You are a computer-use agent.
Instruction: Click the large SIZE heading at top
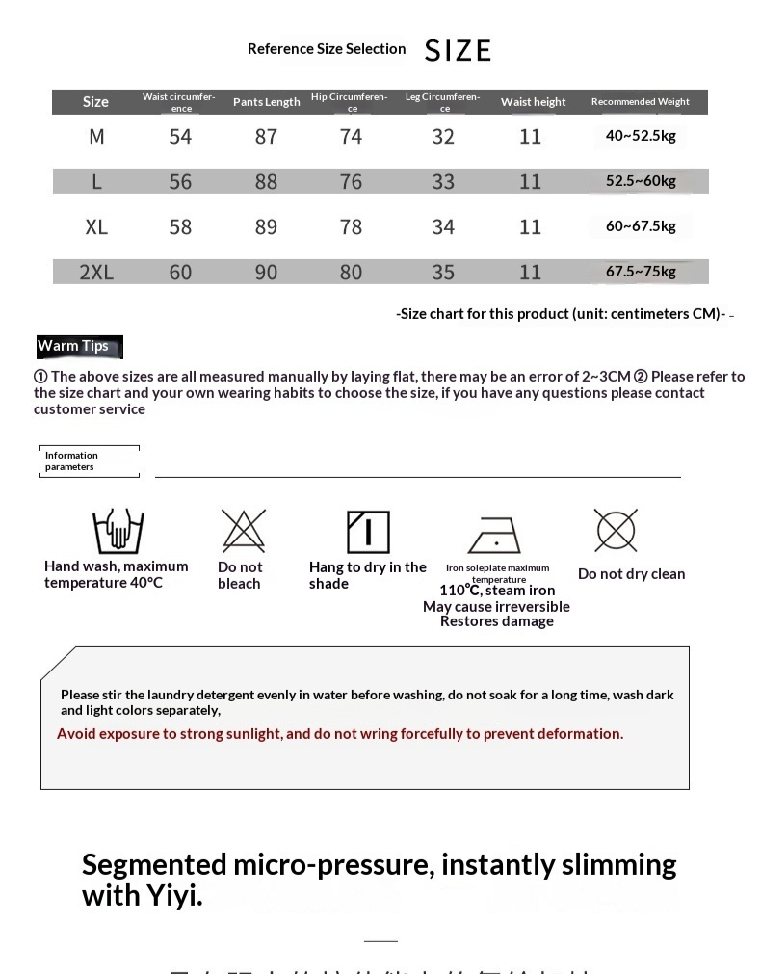458,50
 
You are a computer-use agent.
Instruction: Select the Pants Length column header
266,102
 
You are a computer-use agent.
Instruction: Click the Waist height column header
533,102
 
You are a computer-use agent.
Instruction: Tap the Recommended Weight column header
640,102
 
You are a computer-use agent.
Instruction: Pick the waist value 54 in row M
180,137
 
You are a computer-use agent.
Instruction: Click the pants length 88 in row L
266,182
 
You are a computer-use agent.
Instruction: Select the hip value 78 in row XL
351,227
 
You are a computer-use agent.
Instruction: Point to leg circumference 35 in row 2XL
443,273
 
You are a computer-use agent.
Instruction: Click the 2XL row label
96,273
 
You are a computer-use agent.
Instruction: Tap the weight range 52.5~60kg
641,181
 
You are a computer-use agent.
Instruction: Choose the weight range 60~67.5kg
641,226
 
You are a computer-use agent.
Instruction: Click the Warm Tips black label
73,346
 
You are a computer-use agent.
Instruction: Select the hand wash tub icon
118,532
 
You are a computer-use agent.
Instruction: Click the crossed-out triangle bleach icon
243,530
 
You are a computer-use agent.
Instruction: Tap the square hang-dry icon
368,532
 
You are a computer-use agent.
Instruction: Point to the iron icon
494,535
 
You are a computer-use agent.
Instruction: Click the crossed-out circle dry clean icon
616,530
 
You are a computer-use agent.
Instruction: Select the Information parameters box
91,461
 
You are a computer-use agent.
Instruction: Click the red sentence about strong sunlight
340,734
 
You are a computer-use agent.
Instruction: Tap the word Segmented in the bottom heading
154,864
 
